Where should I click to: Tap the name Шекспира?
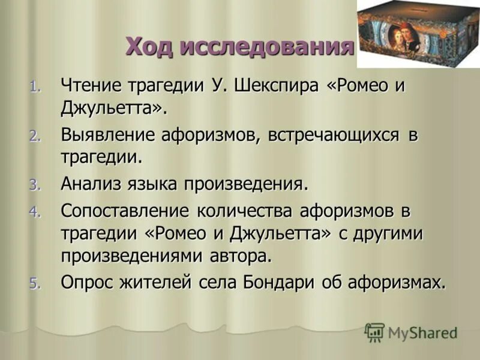[x=273, y=86]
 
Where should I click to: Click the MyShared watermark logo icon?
[x=374, y=332]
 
